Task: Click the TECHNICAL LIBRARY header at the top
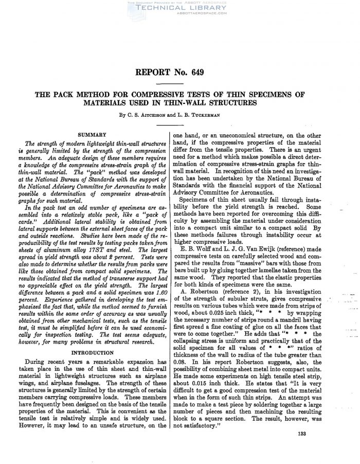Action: coord(179,8)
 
